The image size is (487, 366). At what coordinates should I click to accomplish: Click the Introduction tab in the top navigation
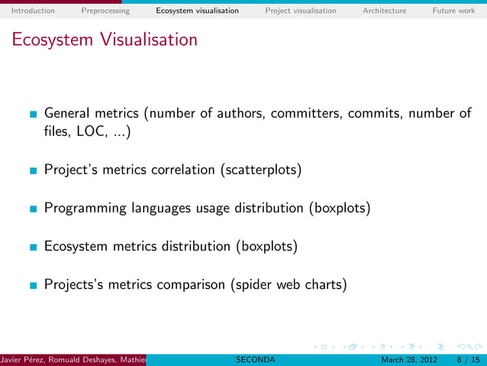(x=33, y=11)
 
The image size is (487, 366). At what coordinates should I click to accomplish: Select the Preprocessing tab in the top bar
(x=105, y=11)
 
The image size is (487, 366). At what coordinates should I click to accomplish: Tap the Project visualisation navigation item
(x=300, y=11)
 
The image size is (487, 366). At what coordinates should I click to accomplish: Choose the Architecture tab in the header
(x=384, y=11)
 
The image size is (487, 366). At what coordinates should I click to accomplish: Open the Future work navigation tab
(x=453, y=11)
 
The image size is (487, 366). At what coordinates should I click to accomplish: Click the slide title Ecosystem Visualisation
(x=104, y=40)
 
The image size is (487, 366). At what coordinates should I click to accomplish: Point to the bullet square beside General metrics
(x=32, y=115)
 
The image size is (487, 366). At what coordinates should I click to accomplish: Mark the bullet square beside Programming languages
(x=32, y=209)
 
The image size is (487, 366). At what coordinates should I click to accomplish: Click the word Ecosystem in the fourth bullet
(x=78, y=247)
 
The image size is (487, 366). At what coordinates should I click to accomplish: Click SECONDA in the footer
(x=256, y=360)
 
